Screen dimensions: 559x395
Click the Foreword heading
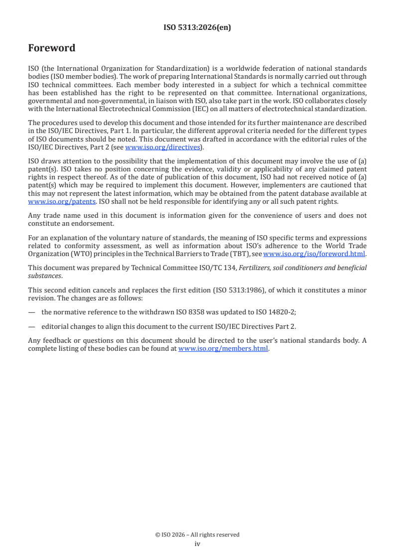[52, 48]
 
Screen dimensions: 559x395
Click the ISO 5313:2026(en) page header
[197, 28]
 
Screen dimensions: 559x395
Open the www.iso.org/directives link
[162, 147]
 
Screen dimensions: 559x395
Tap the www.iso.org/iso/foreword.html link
[314, 254]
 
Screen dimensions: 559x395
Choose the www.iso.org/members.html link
[223, 349]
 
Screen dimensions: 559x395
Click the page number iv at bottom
[197, 544]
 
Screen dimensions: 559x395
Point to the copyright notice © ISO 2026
[197, 535]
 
